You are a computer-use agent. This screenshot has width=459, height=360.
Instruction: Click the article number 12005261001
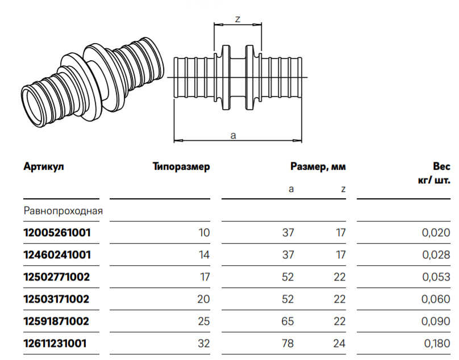57,232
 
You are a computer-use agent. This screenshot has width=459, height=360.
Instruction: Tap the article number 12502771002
57,277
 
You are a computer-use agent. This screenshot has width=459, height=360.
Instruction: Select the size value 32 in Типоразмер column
204,343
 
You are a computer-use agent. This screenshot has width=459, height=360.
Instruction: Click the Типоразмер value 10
205,232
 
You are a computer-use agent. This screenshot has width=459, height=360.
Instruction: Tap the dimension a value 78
288,343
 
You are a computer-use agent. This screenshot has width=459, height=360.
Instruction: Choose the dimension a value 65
288,321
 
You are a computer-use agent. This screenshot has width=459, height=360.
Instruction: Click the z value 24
340,343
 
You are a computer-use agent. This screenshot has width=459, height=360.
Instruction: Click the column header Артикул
44,167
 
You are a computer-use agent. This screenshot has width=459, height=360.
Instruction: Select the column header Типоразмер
181,167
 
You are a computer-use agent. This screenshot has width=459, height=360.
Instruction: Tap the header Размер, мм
318,167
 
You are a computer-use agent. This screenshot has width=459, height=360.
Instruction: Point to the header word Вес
441,167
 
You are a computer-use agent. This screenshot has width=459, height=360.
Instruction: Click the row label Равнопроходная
63,211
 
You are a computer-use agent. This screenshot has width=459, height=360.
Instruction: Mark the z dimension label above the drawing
237,19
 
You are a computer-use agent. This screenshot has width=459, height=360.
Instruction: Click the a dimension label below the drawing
233,135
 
